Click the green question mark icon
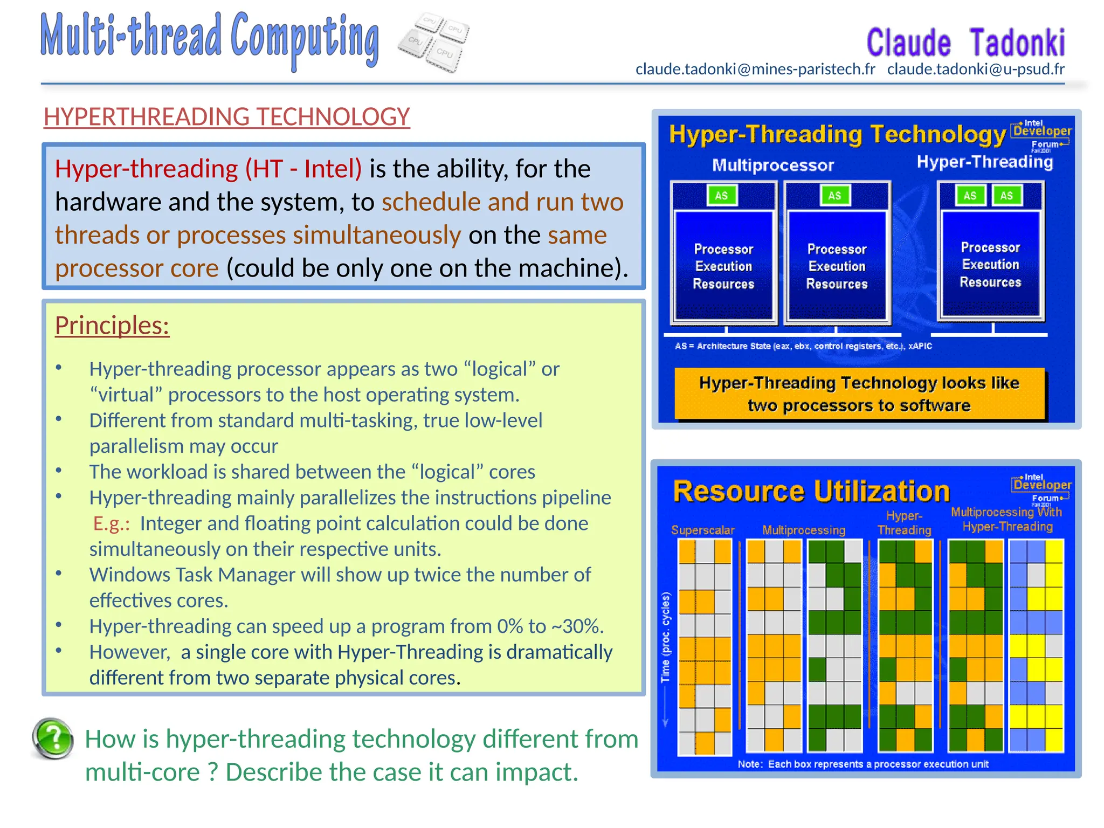coord(53,738)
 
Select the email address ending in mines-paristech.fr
coord(755,69)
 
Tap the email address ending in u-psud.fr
coord(976,69)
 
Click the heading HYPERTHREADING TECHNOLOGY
coord(226,116)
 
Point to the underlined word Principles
coord(112,325)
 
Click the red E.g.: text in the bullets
coord(111,523)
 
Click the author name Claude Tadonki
coord(965,43)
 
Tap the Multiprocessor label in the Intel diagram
coord(772,165)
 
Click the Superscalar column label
coord(702,530)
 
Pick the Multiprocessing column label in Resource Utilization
coord(803,530)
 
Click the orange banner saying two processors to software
coord(859,394)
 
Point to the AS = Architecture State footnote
coord(803,346)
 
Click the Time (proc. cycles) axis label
coord(666,637)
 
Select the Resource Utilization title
coord(811,491)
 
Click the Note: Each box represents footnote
coord(862,764)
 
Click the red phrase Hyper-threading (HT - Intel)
coord(208,169)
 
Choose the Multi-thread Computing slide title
coord(210,38)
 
